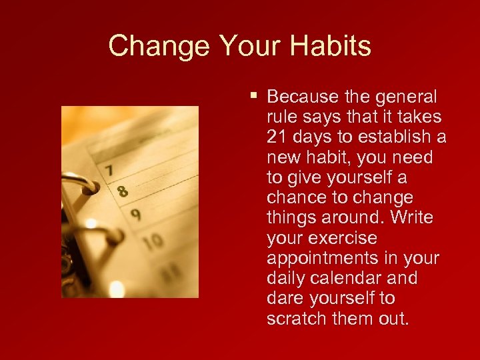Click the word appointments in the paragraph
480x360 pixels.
tap(322, 258)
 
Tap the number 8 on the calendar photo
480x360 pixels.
tap(122, 192)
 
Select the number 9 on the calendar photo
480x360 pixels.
tap(135, 215)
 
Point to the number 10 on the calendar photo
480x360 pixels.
tap(153, 242)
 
